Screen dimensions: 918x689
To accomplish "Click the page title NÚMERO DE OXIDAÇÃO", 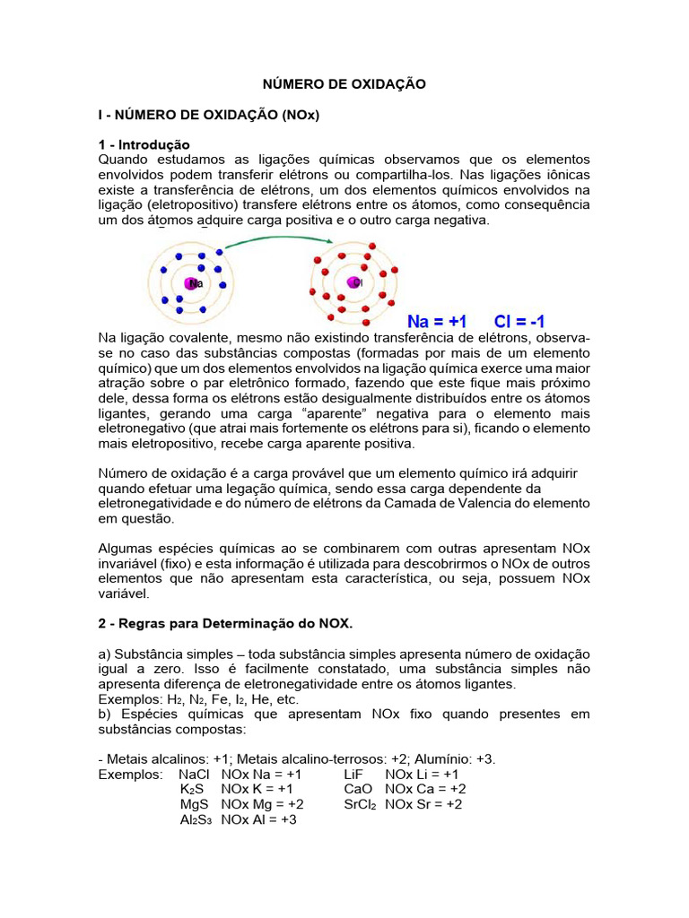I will [x=344, y=83].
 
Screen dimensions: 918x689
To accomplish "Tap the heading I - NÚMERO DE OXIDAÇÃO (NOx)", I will [x=209, y=115].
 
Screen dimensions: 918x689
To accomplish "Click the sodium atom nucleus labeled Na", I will [x=193, y=283].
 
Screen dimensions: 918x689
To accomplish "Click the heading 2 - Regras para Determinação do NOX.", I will [x=225, y=623].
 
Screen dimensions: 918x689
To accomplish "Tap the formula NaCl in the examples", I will [x=194, y=774].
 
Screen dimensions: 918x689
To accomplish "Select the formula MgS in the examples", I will [x=194, y=804].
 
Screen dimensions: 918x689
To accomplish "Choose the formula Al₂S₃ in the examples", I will [x=196, y=819].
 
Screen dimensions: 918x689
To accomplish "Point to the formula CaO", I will [x=359, y=789].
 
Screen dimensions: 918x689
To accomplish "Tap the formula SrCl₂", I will [x=360, y=804].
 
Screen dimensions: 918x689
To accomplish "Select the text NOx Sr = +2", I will [x=423, y=804].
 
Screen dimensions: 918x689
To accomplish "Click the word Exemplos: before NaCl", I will [x=130, y=774].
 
